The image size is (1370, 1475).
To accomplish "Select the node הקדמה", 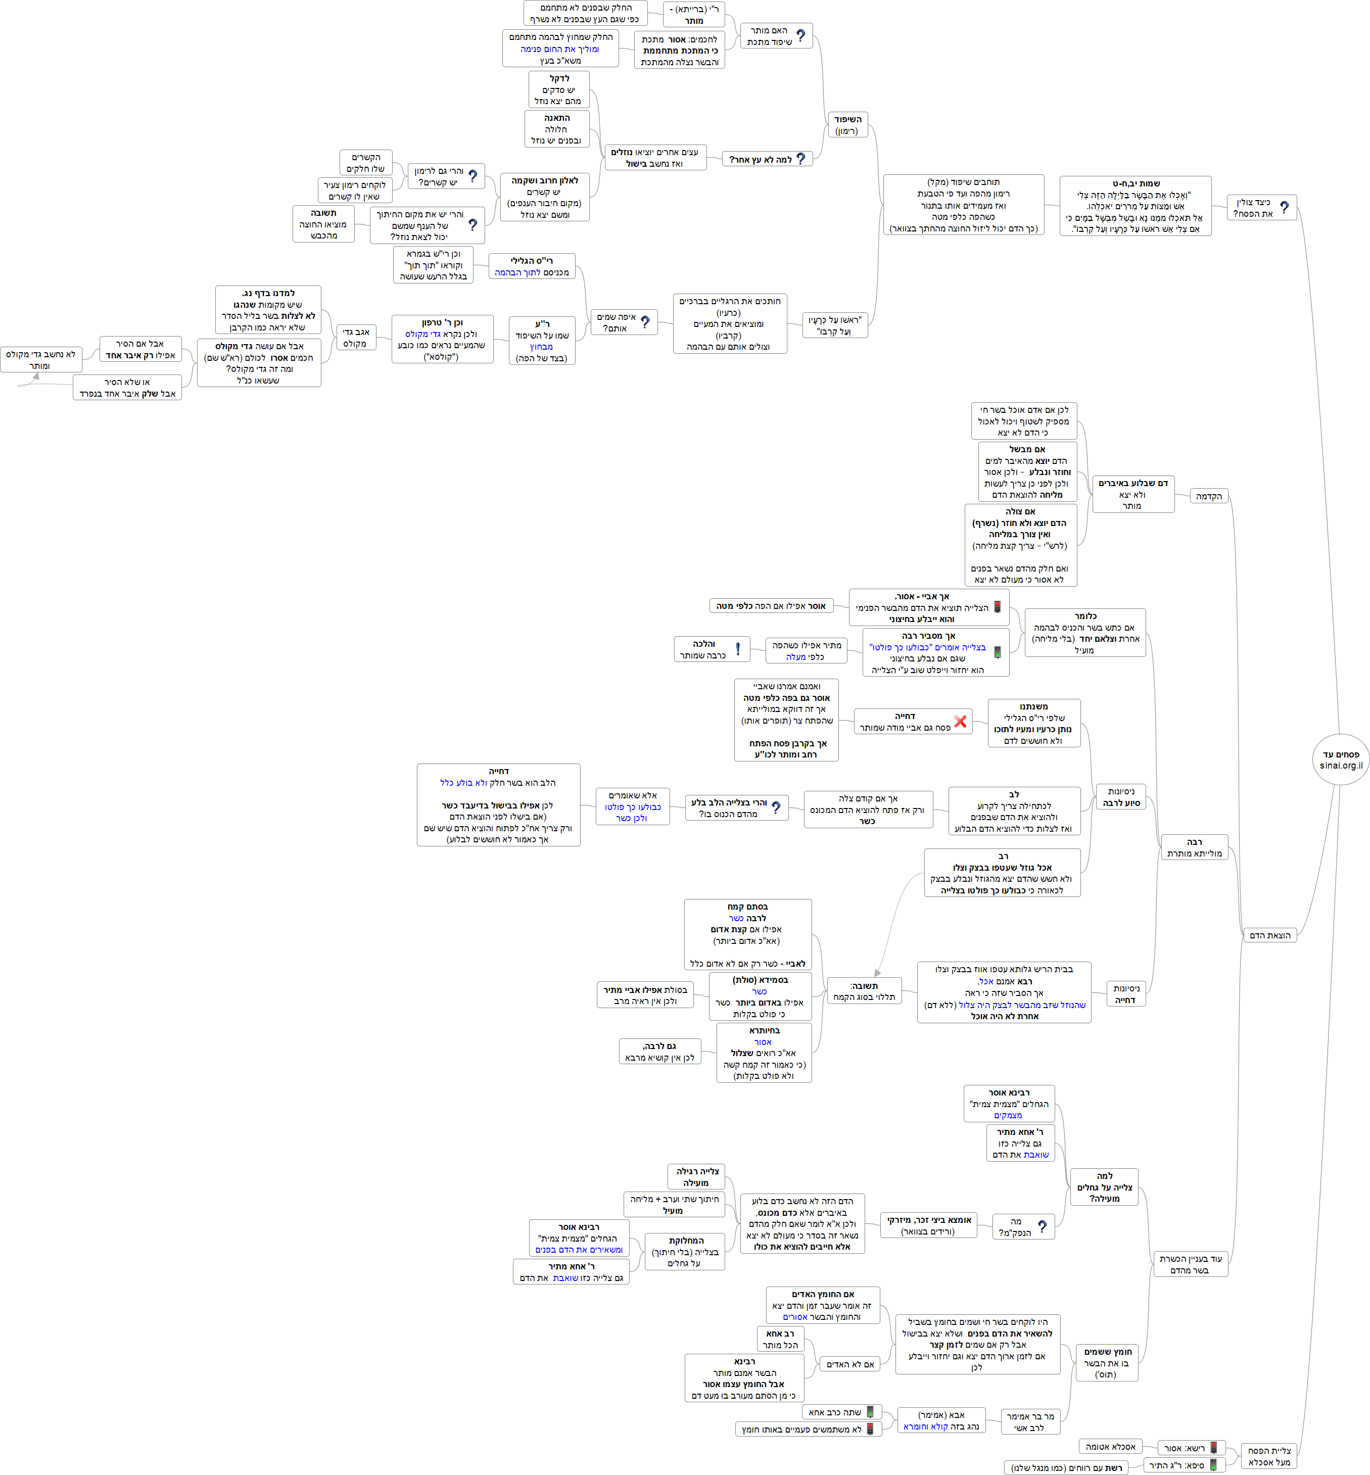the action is click(1208, 496).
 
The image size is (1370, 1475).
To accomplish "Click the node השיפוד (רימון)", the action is click(846, 124).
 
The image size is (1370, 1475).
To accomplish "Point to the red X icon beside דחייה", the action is click(960, 721).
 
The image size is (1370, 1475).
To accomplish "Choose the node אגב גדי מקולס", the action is click(356, 337).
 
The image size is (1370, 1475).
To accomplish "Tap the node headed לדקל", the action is click(559, 89).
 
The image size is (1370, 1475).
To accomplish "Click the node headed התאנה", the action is click(557, 129).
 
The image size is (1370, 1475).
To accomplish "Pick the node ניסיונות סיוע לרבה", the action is click(1121, 797).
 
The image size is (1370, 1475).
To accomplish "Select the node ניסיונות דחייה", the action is click(1125, 994).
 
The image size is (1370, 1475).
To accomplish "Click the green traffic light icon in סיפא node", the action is click(1213, 1464).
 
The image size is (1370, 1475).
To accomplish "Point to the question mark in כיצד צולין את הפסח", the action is click(1284, 208).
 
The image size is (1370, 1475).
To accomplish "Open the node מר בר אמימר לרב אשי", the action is click(1030, 1421).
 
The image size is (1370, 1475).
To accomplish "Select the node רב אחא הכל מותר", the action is click(780, 1339).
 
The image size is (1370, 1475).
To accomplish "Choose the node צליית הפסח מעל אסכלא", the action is click(1269, 1456).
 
